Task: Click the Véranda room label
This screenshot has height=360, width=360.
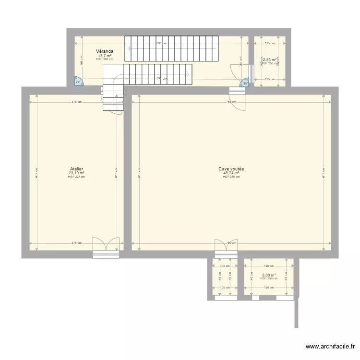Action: click(x=104, y=51)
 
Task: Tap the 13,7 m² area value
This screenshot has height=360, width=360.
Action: click(x=105, y=56)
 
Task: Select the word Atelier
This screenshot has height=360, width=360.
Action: click(x=76, y=169)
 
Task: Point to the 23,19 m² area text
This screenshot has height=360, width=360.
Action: click(x=76, y=173)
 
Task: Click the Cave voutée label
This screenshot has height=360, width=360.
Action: click(x=231, y=169)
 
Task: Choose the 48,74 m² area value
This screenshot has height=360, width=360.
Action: click(x=231, y=173)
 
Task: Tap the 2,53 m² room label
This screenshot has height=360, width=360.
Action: click(x=269, y=60)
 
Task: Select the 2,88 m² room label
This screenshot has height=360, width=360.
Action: click(x=268, y=275)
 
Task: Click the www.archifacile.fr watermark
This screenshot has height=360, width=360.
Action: click(x=331, y=347)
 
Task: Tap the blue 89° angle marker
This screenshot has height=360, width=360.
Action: click(x=245, y=83)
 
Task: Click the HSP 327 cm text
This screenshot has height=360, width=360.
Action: click(x=76, y=177)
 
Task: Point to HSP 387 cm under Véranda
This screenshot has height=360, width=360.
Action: click(x=105, y=59)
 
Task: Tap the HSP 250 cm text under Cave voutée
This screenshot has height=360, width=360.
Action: click(x=231, y=177)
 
